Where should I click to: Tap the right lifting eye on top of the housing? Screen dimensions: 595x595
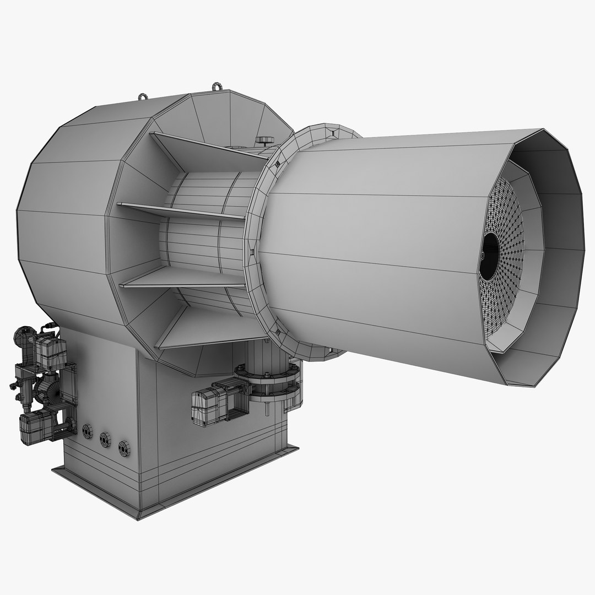pyautogui.click(x=218, y=87)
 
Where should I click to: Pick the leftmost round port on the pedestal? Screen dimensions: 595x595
pyautogui.click(x=88, y=431)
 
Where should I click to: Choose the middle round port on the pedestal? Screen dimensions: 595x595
pyautogui.click(x=105, y=440)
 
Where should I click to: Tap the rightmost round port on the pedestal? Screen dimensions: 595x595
pyautogui.click(x=125, y=448)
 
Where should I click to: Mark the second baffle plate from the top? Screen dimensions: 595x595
pyautogui.click(x=182, y=210)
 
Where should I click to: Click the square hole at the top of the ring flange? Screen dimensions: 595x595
pyautogui.click(x=332, y=132)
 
